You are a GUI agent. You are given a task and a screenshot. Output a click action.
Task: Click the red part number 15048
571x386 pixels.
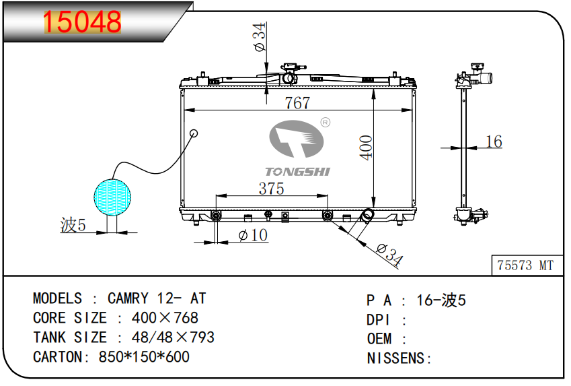pyautogui.click(x=83, y=23)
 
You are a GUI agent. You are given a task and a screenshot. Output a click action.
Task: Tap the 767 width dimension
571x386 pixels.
pyautogui.click(x=297, y=102)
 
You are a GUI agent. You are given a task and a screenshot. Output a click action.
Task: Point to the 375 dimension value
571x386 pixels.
pyautogui.click(x=272, y=189)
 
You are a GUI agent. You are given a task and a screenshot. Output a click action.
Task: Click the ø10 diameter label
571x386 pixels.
pyautogui.click(x=253, y=235)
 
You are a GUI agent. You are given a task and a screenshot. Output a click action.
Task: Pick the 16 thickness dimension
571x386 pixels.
pyautogui.click(x=494, y=141)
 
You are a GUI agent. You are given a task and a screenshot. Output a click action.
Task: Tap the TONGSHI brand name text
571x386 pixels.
pyautogui.click(x=297, y=172)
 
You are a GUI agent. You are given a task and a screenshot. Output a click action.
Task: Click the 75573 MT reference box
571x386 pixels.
pyautogui.click(x=525, y=265)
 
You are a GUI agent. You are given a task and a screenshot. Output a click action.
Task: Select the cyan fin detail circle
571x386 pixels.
pyautogui.click(x=112, y=195)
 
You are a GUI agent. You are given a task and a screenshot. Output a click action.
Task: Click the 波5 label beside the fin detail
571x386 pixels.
pyautogui.click(x=73, y=226)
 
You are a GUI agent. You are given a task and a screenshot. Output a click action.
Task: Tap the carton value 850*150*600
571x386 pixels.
pyautogui.click(x=144, y=357)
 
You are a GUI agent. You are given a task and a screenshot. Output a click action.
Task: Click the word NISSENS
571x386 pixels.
pyautogui.click(x=395, y=358)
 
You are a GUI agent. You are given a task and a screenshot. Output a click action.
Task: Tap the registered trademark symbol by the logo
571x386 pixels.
pyautogui.click(x=325, y=123)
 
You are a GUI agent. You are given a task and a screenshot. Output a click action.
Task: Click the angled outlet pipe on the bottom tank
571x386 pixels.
pyautogui.click(x=367, y=216)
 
